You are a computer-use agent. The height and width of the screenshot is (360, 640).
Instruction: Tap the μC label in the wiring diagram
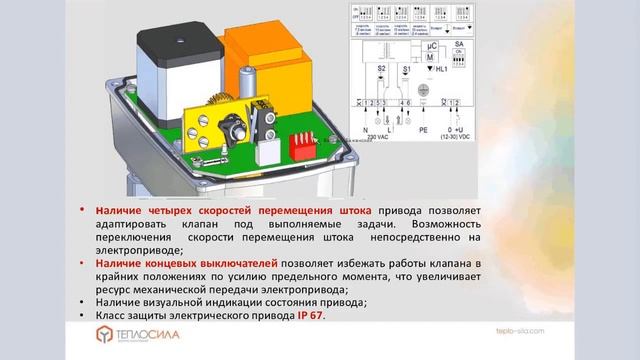point(433,46)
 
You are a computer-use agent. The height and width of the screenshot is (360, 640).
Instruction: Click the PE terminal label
point(423,129)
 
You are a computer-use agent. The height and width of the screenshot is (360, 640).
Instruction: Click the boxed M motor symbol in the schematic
point(433,59)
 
